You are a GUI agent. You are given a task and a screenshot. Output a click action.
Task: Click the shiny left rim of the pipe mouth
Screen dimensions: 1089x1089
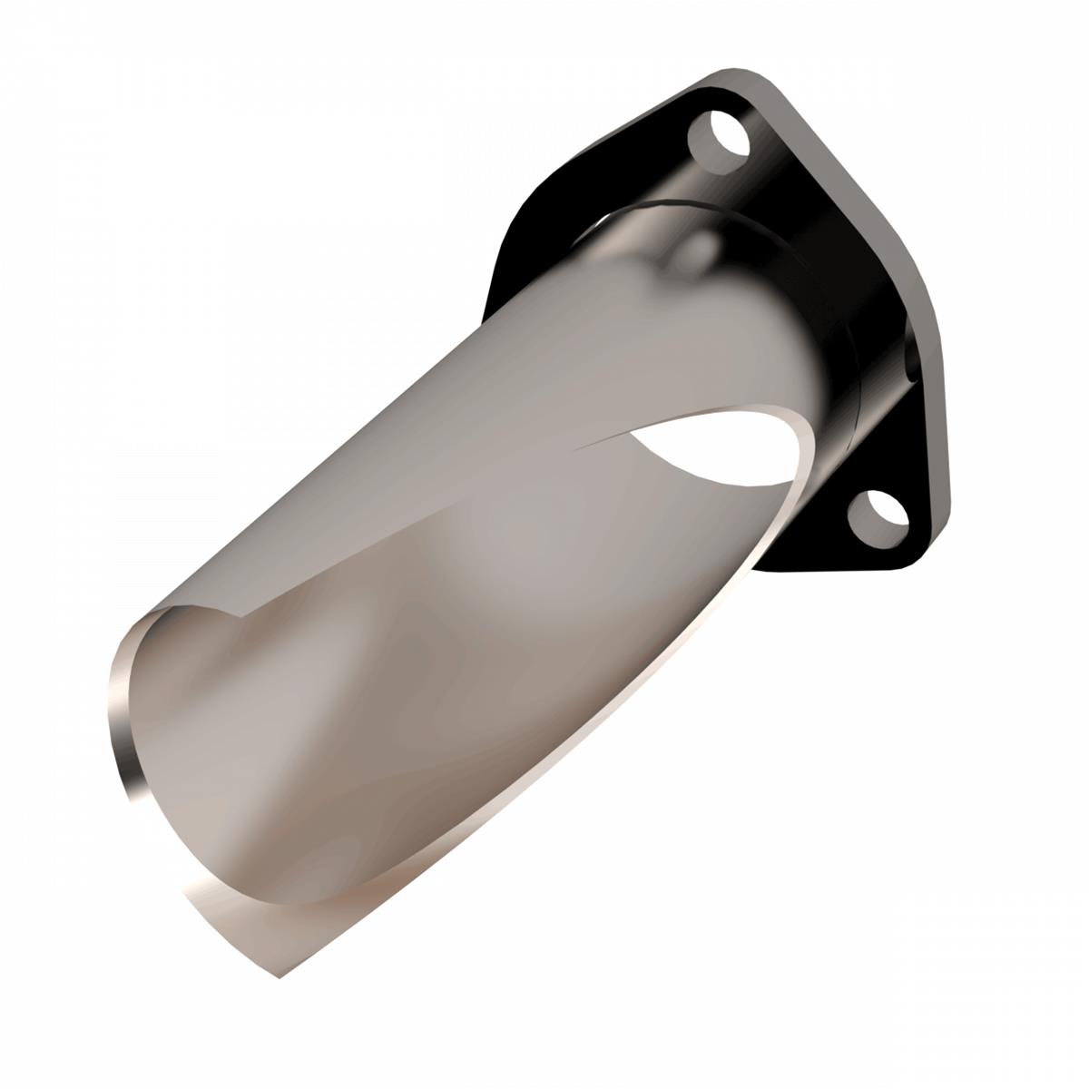(123, 717)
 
